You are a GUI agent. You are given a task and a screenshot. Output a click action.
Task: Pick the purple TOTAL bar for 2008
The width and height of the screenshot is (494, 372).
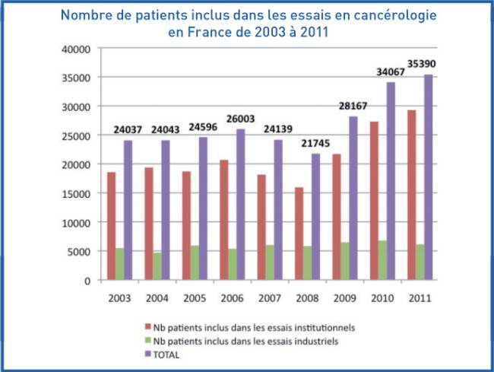pyautogui.click(x=316, y=217)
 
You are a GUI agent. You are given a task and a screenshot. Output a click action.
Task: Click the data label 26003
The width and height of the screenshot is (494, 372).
pyautogui.click(x=236, y=119)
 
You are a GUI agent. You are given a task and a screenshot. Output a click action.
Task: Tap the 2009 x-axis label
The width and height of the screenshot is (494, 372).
pyautogui.click(x=345, y=298)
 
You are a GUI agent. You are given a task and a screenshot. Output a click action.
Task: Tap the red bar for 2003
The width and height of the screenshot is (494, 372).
pyautogui.click(x=111, y=226)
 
